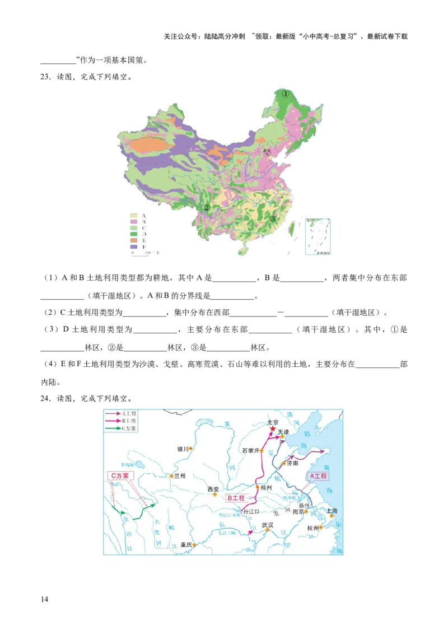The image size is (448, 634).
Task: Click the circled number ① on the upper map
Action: tap(286, 94)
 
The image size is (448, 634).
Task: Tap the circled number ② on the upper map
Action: tap(207, 208)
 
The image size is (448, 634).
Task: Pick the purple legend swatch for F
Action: tap(134, 246)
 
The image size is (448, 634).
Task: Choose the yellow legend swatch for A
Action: tap(134, 215)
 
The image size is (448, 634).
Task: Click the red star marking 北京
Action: tap(273, 429)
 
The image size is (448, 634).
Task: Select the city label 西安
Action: tap(213, 489)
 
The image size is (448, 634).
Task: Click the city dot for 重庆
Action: tap(194, 544)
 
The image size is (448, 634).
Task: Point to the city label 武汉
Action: tap(268, 525)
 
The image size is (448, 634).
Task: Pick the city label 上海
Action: tap(332, 511)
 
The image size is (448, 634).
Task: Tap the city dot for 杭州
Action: tap(321, 528)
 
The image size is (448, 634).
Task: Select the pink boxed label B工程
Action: tap(236, 497)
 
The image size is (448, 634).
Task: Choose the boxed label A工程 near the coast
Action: tap(318, 476)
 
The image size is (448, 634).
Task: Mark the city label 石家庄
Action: tap(250, 450)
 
